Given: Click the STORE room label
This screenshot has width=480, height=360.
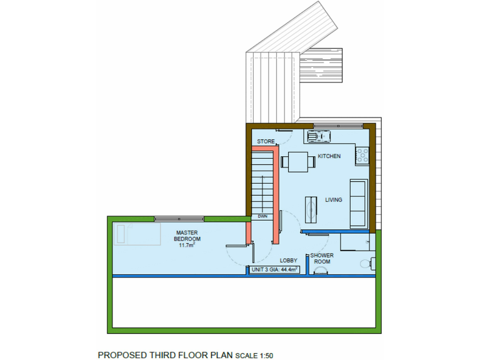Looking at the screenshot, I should click(266, 141).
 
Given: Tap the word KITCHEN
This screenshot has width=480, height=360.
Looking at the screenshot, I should click(329, 156).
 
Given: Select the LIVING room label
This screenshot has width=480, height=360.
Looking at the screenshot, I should click(334, 200).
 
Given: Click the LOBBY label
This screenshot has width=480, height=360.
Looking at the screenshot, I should click(288, 260).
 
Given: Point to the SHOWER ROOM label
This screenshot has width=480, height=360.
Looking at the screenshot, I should click(322, 258).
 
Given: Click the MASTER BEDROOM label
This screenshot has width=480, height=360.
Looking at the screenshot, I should click(187, 236).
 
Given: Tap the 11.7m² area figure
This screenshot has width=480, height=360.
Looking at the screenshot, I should click(187, 246).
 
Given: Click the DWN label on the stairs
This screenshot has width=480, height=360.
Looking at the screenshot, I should click(262, 216).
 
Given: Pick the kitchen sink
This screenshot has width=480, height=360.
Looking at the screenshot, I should click(319, 136).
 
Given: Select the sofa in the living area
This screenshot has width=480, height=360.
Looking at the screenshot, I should click(358, 202).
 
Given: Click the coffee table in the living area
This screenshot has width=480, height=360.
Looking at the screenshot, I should click(311, 209).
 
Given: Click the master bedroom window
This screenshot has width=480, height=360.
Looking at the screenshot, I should click(179, 218).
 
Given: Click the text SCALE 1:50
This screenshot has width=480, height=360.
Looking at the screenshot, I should click(254, 356).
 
